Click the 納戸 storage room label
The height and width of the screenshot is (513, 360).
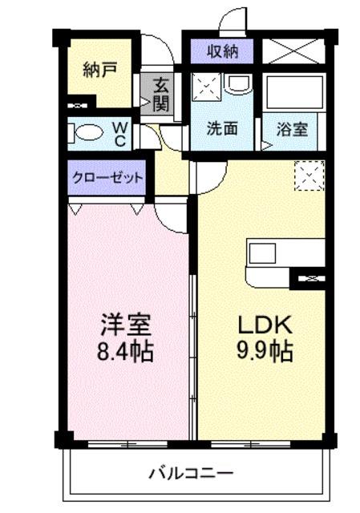click(x=99, y=70)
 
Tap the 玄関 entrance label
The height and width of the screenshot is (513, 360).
click(x=161, y=95)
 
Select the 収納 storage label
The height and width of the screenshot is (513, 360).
click(x=223, y=51)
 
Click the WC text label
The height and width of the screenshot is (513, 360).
click(x=119, y=134)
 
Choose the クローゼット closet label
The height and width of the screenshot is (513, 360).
click(x=107, y=178)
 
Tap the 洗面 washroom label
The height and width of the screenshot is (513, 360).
click(x=222, y=129)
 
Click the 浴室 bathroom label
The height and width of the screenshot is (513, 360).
click(x=292, y=129)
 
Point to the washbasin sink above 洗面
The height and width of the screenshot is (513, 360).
click(x=238, y=83)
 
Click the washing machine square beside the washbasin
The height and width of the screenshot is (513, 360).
click(x=207, y=87)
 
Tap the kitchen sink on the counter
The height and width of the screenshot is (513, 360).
click(x=262, y=253)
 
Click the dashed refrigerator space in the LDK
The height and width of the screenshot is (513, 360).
click(x=309, y=176)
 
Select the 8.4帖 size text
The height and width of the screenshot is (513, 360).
click(x=125, y=351)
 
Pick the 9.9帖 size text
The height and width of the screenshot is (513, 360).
click(x=265, y=351)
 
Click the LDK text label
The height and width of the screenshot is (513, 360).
click(x=265, y=325)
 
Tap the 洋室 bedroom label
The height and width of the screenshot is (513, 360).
click(x=126, y=325)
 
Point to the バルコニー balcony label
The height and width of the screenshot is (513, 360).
click(x=192, y=473)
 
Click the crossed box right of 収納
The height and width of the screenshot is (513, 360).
click(x=293, y=51)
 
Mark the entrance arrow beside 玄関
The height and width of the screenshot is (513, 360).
click(x=144, y=102)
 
